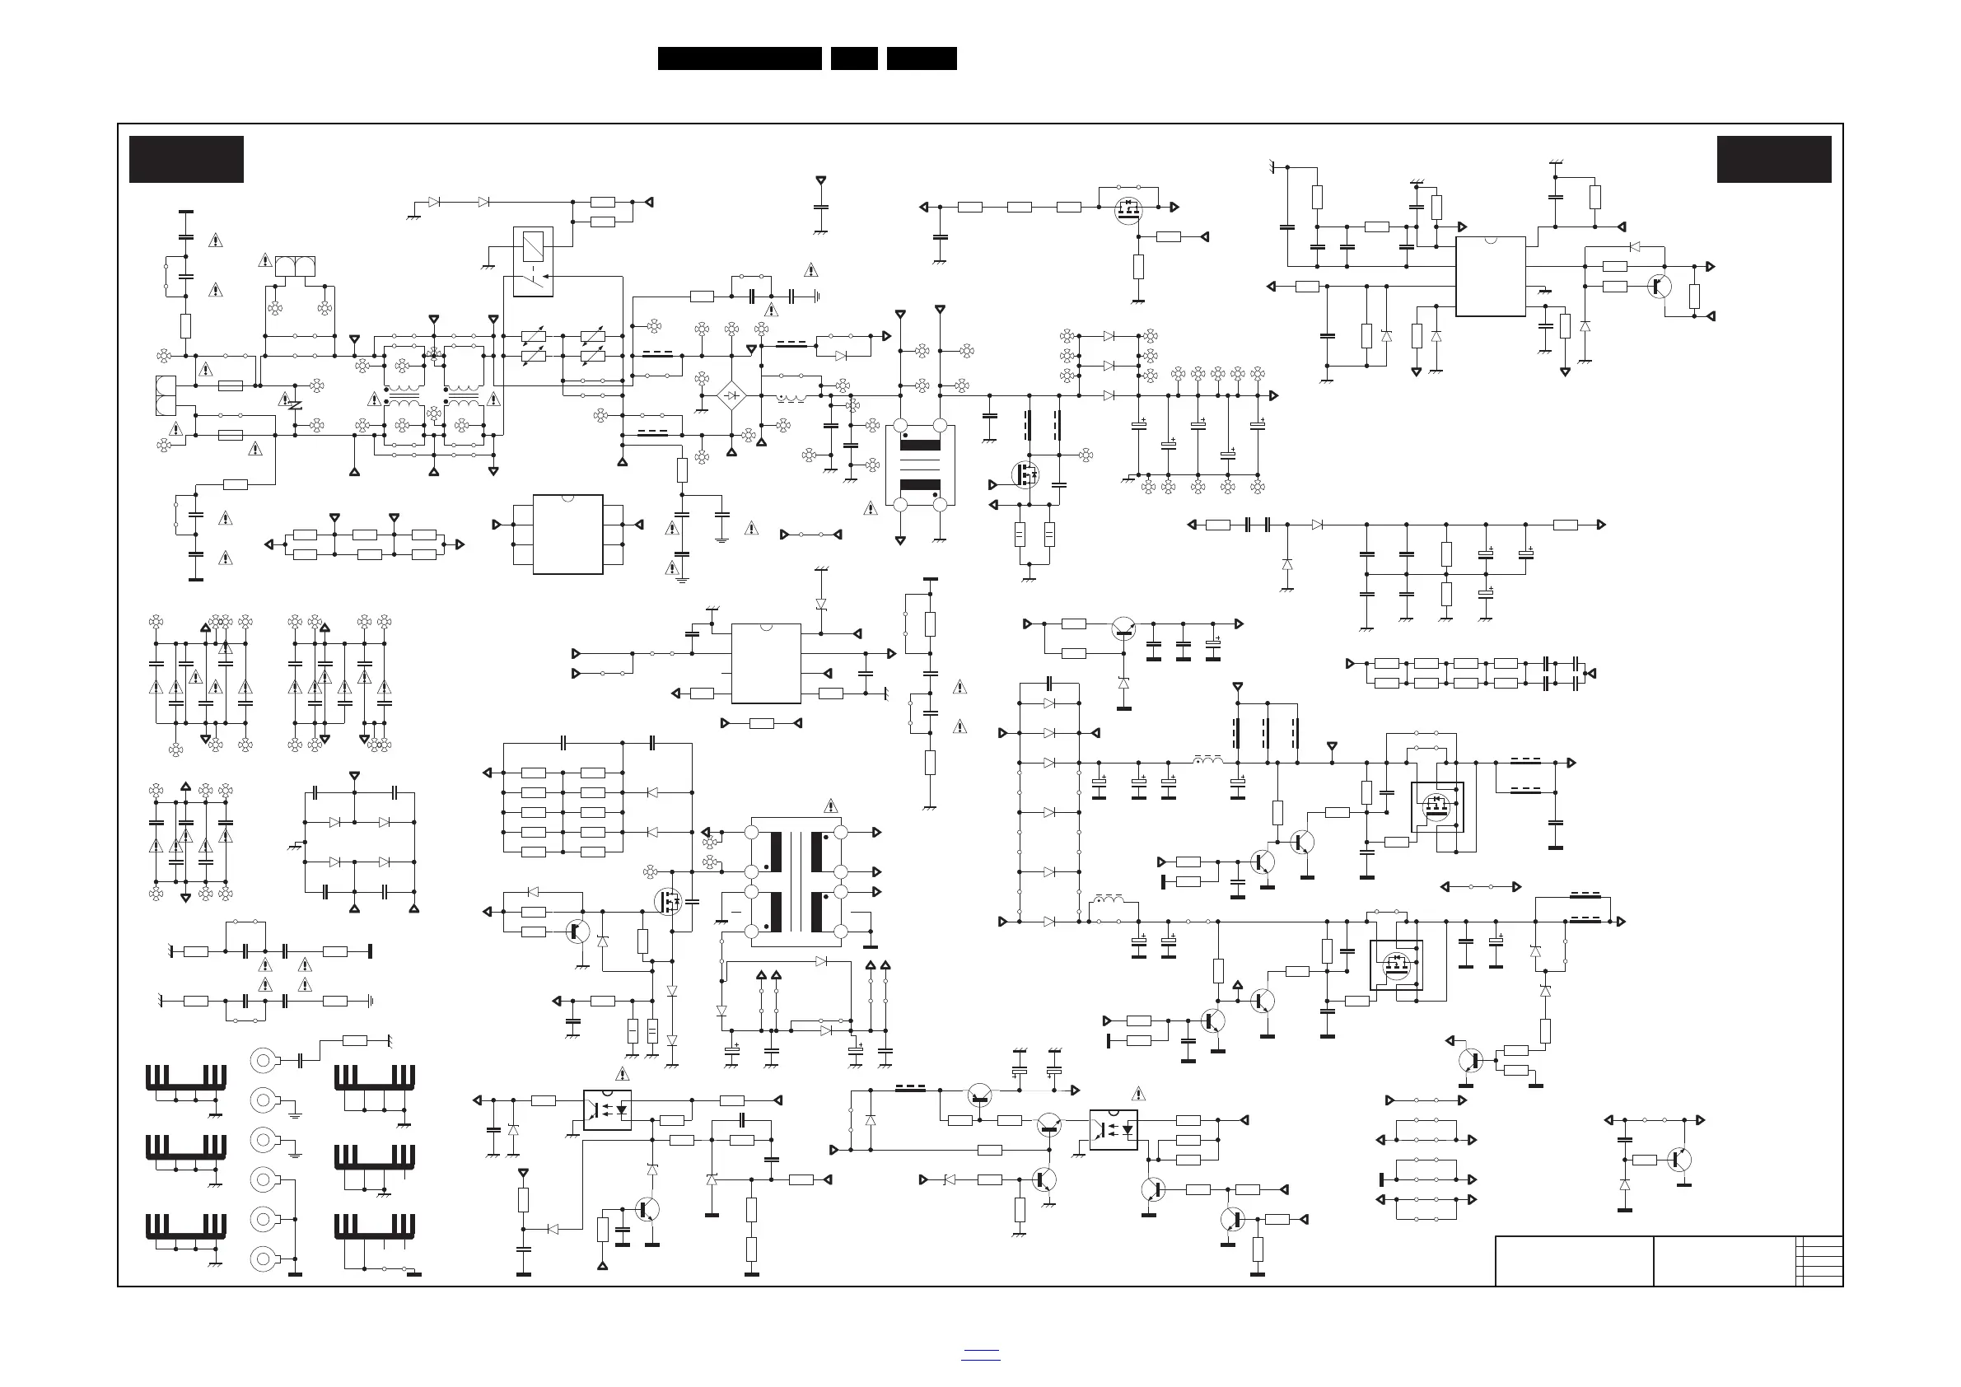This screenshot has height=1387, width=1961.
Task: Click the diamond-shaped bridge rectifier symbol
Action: [x=731, y=395]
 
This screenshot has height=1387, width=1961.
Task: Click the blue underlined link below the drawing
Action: [x=979, y=1357]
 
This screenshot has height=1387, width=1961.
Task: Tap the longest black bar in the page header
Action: [x=740, y=58]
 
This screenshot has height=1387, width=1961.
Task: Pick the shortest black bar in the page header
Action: [x=854, y=58]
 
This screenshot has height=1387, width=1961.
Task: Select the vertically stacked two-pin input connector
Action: [x=166, y=395]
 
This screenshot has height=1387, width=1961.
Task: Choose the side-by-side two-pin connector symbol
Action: [x=296, y=267]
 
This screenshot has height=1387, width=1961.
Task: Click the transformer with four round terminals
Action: [x=920, y=465]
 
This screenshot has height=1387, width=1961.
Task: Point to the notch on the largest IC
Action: [x=1491, y=239]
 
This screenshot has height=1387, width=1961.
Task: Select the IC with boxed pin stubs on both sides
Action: [x=568, y=534]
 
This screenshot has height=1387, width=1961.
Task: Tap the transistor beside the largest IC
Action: [x=1659, y=286]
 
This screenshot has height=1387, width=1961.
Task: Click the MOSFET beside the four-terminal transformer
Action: [x=1023, y=474]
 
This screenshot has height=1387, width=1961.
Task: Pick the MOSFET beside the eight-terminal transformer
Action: [x=668, y=901]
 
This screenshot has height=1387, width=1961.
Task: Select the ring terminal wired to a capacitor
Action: [x=264, y=1061]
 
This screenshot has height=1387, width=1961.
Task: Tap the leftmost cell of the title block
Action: [x=1573, y=1261]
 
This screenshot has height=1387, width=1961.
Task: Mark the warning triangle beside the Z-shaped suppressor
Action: [x=285, y=399]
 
